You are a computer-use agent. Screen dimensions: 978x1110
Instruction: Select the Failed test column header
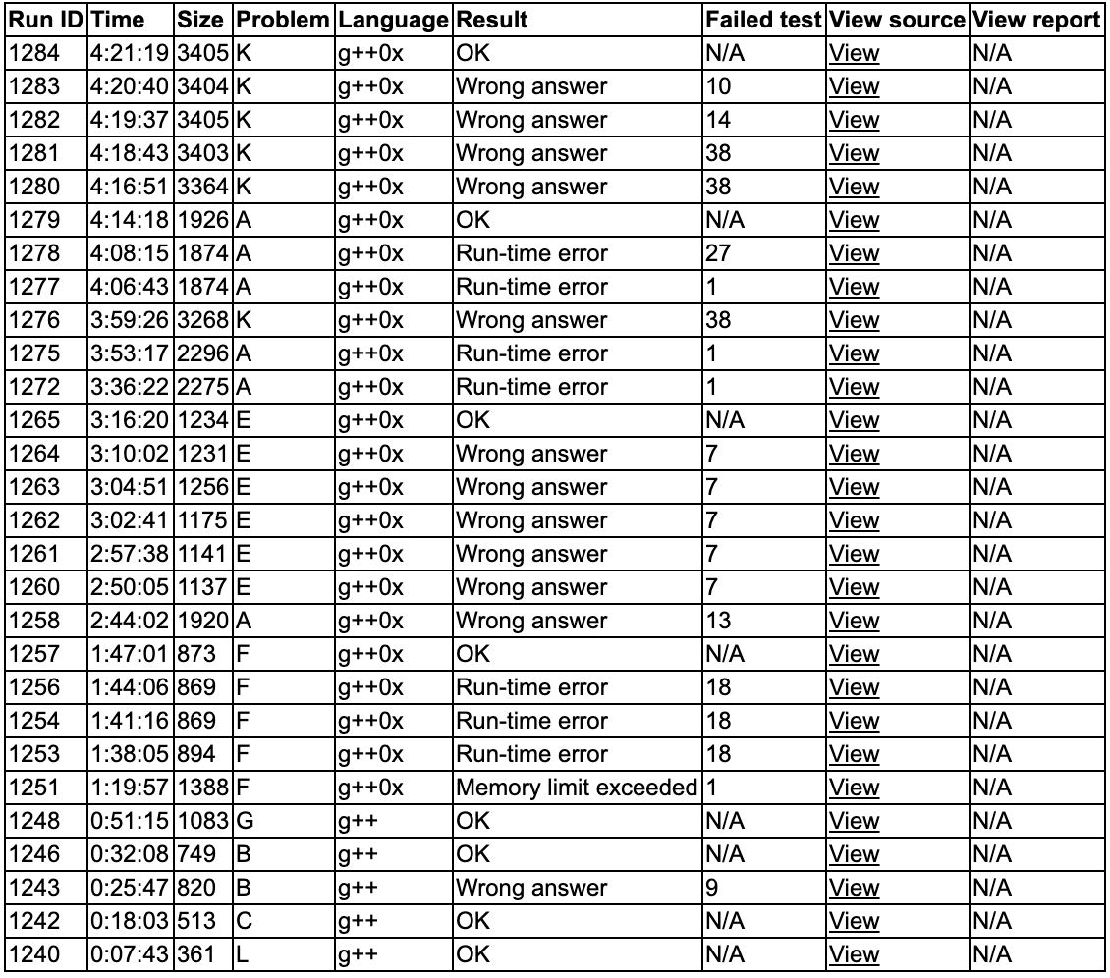(763, 19)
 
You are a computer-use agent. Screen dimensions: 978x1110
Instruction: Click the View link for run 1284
(854, 53)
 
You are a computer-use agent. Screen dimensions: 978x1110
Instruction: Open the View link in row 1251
(854, 788)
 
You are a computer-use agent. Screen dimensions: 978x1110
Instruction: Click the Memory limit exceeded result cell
(577, 788)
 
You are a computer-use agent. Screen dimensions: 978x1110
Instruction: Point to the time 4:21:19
(131, 53)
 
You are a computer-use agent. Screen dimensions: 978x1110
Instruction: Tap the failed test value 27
(718, 253)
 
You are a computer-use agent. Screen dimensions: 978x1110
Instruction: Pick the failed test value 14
(718, 120)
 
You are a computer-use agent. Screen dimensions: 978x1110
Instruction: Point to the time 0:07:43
(131, 954)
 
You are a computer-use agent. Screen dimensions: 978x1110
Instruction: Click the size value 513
(196, 921)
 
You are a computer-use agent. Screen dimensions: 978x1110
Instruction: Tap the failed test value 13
(718, 621)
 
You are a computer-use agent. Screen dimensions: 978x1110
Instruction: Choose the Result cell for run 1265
(472, 420)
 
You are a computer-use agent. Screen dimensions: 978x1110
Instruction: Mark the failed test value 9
(712, 888)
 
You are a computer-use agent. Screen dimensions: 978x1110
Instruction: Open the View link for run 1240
(854, 954)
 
